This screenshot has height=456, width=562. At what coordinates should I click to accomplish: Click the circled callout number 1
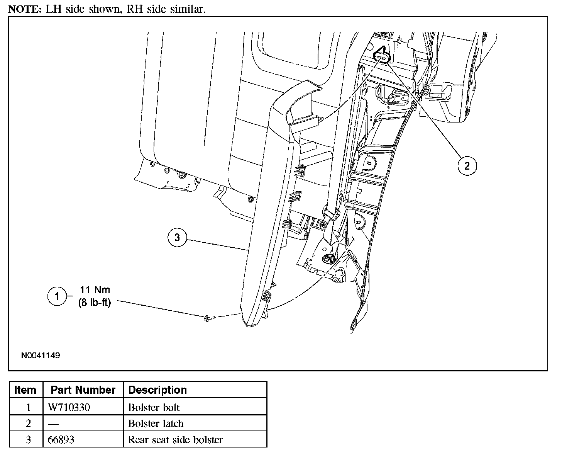57,296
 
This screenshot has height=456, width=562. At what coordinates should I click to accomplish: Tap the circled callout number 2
467,166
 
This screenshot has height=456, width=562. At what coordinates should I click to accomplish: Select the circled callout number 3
177,237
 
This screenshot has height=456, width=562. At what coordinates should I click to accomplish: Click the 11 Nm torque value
95,290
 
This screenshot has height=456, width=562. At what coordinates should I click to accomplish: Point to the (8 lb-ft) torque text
95,303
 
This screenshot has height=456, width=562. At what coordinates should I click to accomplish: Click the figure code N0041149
41,355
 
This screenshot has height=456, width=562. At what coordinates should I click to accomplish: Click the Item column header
25,390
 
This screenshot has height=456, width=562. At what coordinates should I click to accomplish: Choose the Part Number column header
83,390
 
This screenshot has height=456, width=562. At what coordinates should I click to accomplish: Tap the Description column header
157,390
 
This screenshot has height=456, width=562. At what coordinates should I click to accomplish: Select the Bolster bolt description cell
154,407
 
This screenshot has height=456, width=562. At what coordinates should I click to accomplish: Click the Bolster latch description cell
156,424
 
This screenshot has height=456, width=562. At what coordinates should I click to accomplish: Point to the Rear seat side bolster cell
176,439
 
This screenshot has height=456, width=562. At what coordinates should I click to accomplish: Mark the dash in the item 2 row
54,424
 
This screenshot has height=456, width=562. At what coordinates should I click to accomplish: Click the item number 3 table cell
28,439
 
